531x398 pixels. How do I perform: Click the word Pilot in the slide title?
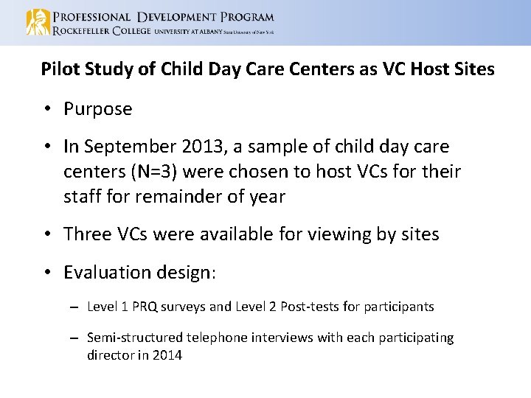58,69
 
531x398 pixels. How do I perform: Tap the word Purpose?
98,109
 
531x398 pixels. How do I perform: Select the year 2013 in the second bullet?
206,147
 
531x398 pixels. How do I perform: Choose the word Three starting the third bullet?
88,234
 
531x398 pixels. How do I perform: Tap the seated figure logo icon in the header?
36,23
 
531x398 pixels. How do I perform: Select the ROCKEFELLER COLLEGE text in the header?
100,31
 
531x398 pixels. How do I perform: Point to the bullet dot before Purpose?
46,110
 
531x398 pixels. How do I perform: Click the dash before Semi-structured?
74,338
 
